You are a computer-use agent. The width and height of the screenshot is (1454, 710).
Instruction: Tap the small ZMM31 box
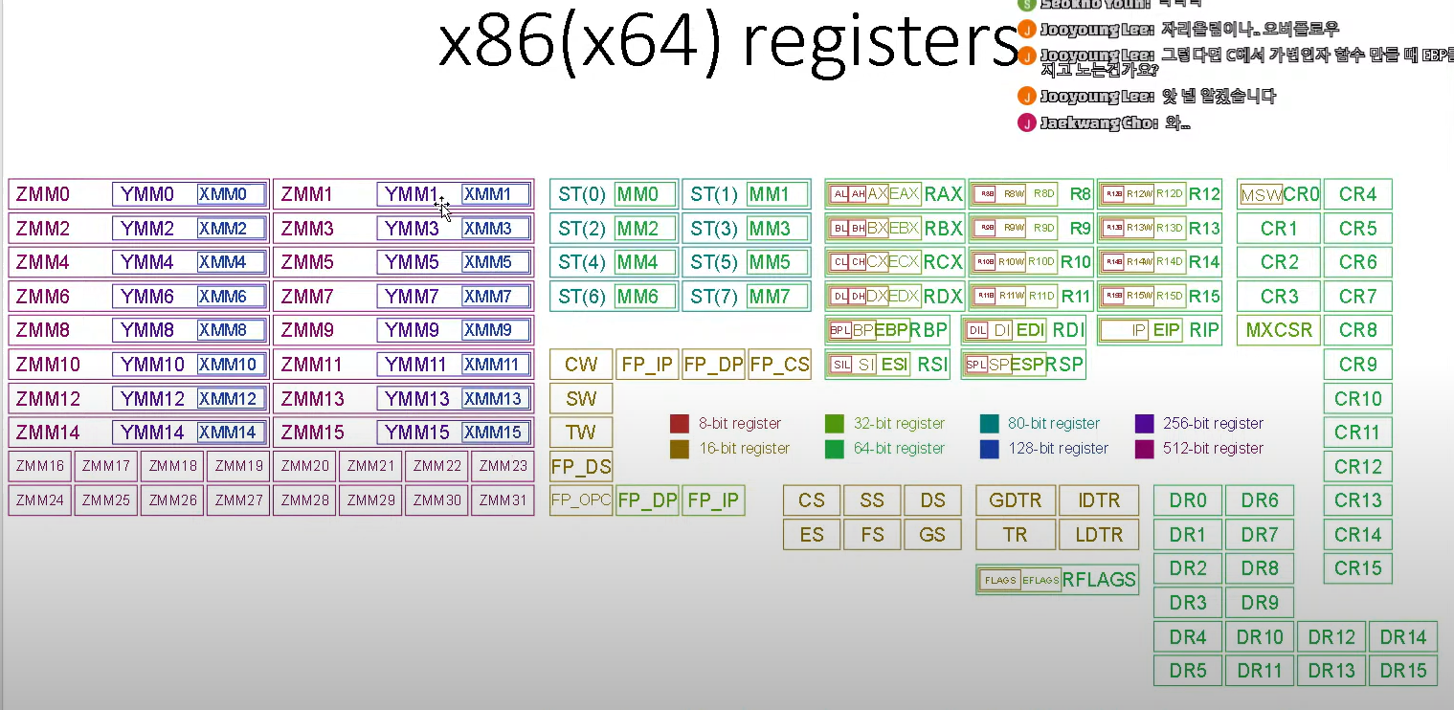(503, 500)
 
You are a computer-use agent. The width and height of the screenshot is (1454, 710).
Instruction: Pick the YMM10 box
(152, 365)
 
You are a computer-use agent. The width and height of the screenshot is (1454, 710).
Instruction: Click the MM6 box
(638, 297)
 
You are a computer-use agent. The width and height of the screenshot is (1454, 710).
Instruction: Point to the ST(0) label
(582, 195)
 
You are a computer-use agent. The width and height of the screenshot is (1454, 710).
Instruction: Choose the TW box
(581, 433)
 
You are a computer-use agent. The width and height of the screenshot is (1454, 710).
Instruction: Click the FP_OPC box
(581, 500)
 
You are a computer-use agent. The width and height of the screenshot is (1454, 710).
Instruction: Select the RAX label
(943, 195)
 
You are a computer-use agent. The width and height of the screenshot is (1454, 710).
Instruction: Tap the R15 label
(1204, 297)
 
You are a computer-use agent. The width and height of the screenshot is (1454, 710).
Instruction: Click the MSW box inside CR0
(1261, 196)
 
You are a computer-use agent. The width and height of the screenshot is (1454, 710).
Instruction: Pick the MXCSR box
(1279, 330)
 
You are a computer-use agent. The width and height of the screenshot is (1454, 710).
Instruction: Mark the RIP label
(1204, 330)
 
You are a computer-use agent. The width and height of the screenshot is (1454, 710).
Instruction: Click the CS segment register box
(812, 500)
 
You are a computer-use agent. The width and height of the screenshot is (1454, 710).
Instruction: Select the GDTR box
(1016, 500)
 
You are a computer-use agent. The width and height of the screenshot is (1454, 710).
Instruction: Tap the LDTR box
(1098, 535)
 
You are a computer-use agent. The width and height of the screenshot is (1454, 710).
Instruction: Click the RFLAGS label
(1099, 580)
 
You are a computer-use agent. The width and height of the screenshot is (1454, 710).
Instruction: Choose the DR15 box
(1403, 671)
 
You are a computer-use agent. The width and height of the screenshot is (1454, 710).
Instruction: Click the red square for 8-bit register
(680, 424)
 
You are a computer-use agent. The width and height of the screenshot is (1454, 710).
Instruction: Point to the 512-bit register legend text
(1213, 449)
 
